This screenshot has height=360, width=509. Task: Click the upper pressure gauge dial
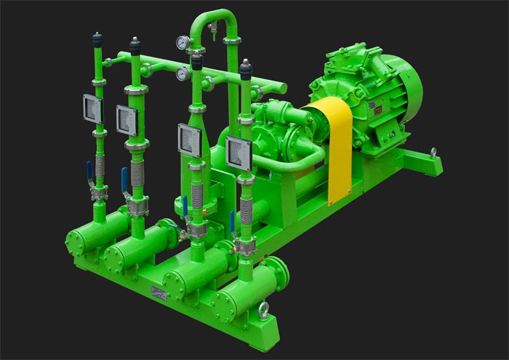182,43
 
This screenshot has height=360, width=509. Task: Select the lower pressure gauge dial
183,74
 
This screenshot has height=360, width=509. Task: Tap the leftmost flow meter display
93,109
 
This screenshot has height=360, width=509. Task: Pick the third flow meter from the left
190,139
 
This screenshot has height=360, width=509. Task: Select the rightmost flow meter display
238,153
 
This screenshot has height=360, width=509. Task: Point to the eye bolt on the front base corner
262,308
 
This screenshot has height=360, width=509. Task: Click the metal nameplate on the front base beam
159,292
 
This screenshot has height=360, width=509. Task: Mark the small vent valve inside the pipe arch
212,29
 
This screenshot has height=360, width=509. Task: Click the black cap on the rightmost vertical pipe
246,70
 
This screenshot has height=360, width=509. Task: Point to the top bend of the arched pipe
212,15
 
